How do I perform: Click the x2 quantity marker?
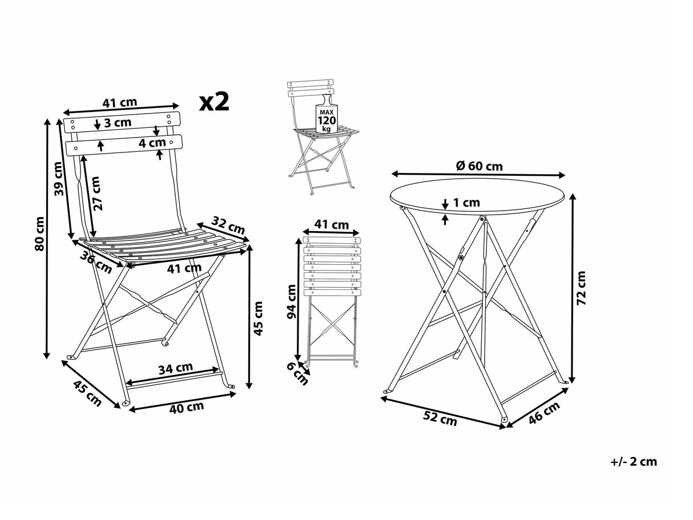point(214,102)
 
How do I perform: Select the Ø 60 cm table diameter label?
point(480,166)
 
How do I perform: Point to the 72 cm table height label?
point(581,288)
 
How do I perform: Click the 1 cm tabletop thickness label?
point(466,202)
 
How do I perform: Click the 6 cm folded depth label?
point(297,374)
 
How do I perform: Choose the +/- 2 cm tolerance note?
point(633,462)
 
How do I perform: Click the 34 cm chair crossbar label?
point(175,368)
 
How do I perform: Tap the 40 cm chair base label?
point(187,407)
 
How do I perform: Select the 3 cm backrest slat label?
point(118,122)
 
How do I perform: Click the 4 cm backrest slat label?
point(152,143)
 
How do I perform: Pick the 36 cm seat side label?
point(95,261)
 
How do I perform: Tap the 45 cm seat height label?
point(258,317)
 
